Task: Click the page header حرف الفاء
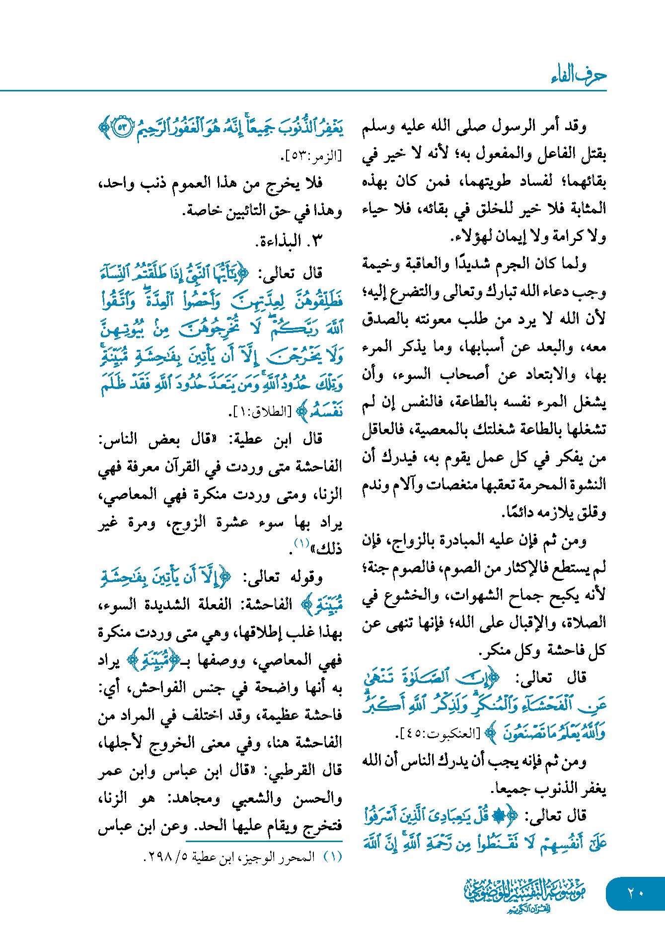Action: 579,76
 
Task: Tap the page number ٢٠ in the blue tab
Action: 635,893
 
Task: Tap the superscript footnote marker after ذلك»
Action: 301,544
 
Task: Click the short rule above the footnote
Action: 264,841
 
